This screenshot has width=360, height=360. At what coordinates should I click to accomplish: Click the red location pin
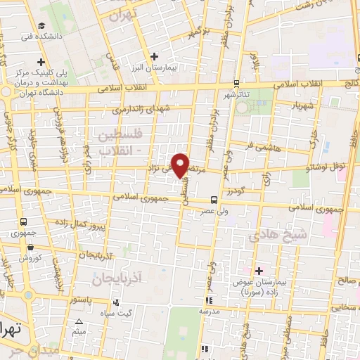tap(181, 164)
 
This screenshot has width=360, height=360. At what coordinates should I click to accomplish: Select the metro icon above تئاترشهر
tap(236, 83)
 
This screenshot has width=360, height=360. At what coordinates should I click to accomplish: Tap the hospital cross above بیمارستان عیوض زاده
tap(259, 271)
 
